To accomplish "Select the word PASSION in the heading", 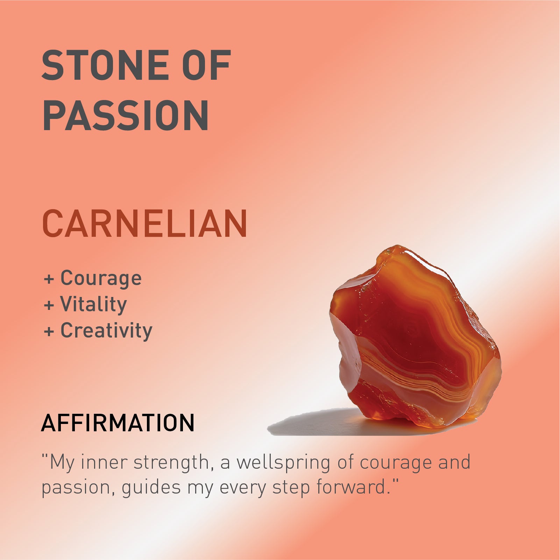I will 126,115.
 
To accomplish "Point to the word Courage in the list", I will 101,278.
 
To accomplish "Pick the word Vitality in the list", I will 93,304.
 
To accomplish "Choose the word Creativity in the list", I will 106,331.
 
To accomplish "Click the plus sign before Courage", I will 49,279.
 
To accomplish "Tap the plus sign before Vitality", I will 49,305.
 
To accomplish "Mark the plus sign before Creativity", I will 49,331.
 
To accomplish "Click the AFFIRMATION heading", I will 118,423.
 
